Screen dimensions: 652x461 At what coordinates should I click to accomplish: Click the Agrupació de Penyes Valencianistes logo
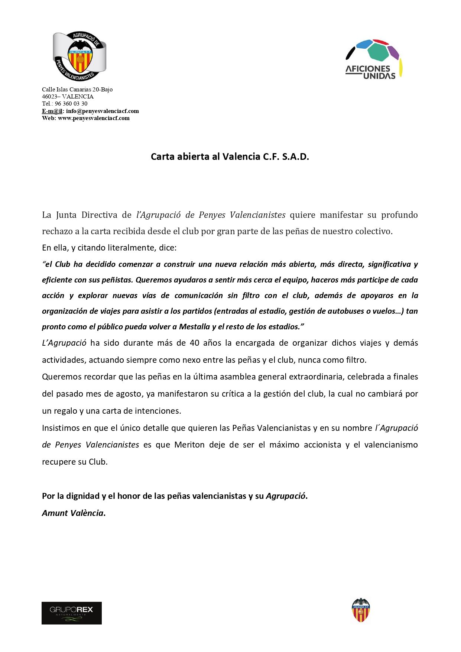[79, 57]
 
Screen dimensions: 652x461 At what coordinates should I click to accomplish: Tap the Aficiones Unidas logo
[374, 59]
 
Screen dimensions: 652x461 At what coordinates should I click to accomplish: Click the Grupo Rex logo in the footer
[71, 613]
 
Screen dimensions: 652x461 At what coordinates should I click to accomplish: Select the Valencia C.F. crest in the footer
[361, 610]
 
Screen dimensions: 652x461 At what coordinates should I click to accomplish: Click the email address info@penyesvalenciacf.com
[103, 111]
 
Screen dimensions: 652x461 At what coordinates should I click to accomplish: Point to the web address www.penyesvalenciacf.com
[94, 118]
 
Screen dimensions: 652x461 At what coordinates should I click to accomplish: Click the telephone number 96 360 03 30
[71, 104]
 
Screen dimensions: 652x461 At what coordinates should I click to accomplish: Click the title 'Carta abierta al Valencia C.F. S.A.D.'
[230, 156]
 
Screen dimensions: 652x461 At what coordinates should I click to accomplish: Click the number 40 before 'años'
[194, 343]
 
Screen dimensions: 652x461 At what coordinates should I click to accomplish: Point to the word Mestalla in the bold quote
[194, 327]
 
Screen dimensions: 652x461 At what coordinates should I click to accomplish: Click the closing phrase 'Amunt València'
[73, 513]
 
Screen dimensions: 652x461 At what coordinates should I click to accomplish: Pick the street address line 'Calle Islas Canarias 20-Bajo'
[77, 90]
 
